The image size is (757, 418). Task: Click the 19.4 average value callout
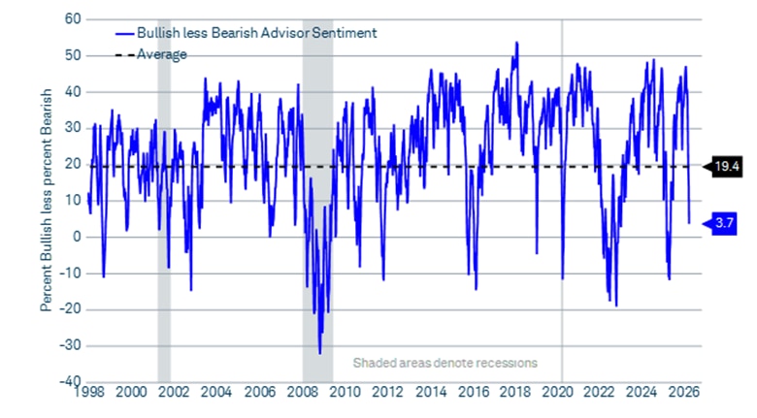[728, 166]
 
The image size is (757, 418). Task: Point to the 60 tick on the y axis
[72, 18]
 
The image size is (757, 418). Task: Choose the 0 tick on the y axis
[76, 237]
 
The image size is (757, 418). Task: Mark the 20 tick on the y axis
[72, 164]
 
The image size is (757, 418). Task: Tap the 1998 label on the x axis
[86, 393]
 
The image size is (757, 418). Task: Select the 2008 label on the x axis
[300, 393]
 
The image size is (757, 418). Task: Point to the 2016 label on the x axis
[471, 393]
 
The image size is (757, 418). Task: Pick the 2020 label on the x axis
[556, 393]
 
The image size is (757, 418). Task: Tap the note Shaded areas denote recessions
[444, 364]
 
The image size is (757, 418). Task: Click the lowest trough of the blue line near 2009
[319, 353]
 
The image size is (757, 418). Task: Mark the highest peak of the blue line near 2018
[516, 43]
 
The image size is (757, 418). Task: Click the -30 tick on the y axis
[68, 345]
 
